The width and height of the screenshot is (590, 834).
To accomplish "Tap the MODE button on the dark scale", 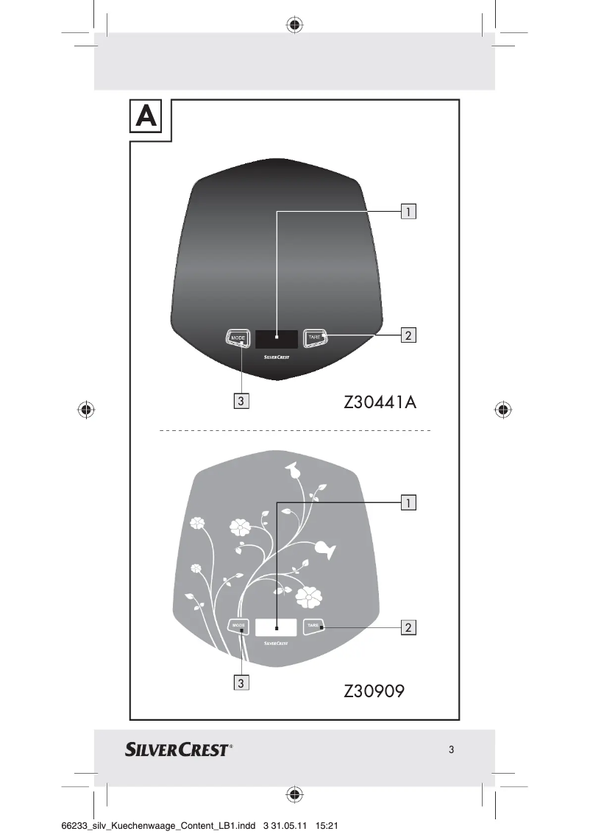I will pyautogui.click(x=238, y=338).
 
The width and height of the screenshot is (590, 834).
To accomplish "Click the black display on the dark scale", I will pyautogui.click(x=277, y=339).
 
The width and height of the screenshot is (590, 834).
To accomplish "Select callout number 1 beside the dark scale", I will pyautogui.click(x=408, y=212).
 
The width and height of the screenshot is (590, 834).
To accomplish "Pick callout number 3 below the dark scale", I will pyautogui.click(x=241, y=401).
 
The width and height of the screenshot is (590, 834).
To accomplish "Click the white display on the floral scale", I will pyautogui.click(x=277, y=627).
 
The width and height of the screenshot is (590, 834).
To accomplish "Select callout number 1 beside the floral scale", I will pyautogui.click(x=408, y=503).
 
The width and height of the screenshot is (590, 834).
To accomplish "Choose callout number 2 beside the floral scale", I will pyautogui.click(x=408, y=627).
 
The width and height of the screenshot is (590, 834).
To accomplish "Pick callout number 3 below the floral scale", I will pyautogui.click(x=241, y=682).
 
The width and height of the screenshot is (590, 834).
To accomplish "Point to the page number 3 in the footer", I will pyautogui.click(x=451, y=750).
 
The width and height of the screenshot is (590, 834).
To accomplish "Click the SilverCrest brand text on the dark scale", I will pyautogui.click(x=277, y=357).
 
